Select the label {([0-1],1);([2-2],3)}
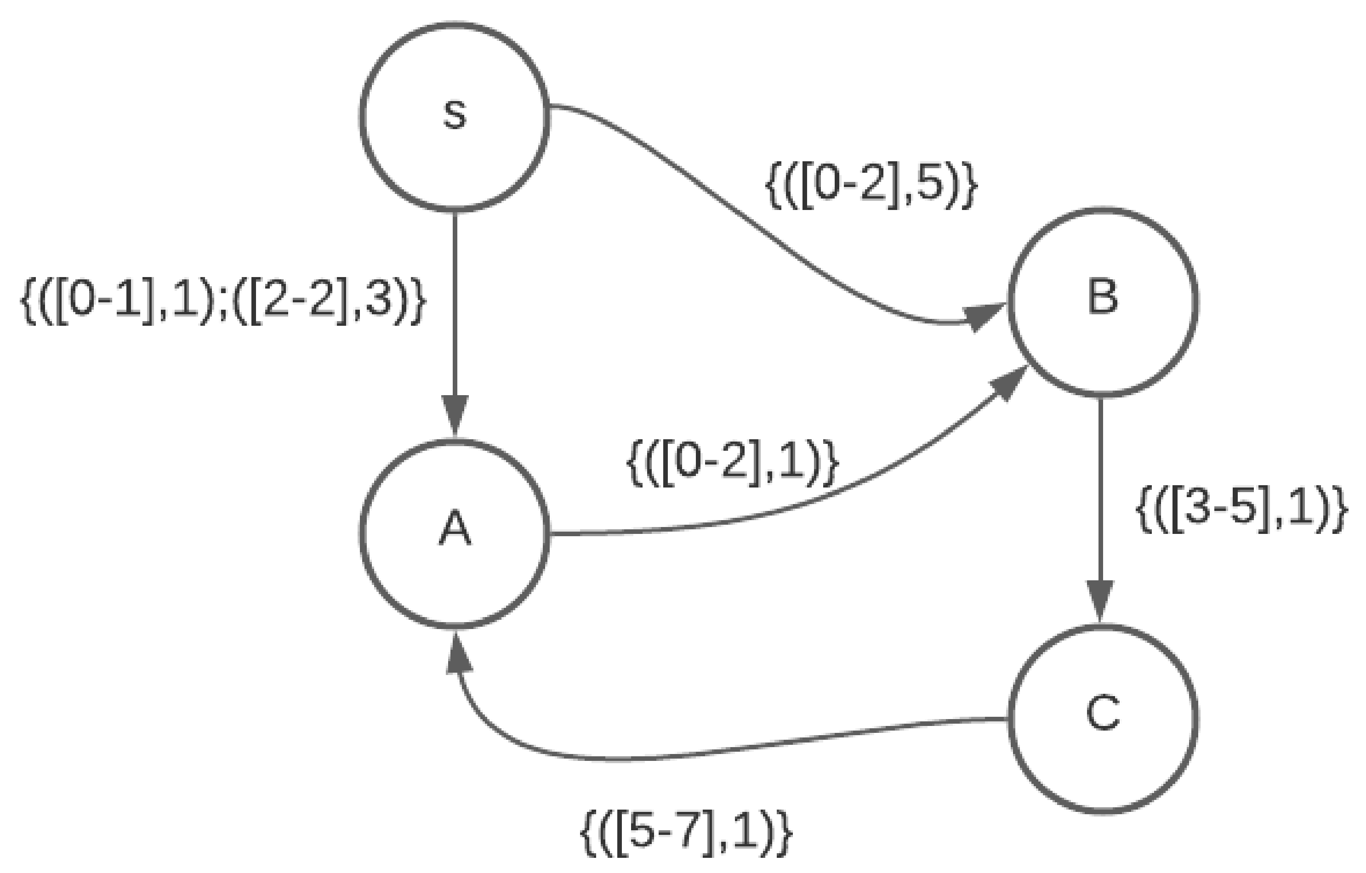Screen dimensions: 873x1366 pos(222,300)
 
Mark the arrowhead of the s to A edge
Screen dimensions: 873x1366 pos(455,414)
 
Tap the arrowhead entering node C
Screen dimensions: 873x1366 pos(1100,601)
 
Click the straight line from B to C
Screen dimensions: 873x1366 pos(1100,488)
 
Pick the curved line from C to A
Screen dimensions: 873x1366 pos(737,749)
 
